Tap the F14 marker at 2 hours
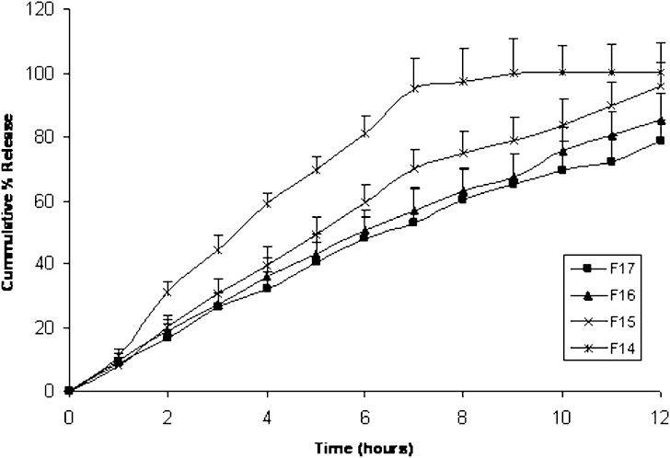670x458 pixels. (x=167, y=292)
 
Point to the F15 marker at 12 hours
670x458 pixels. (x=661, y=86)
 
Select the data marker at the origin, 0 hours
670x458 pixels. (x=69, y=391)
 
